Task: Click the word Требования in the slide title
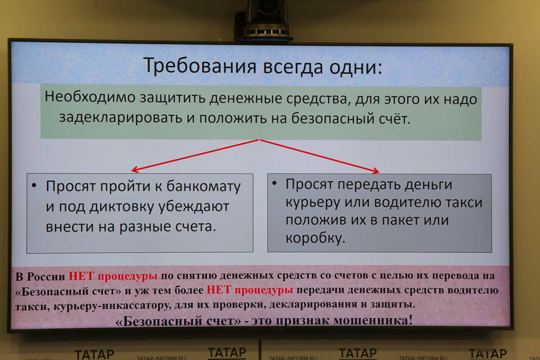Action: (x=200, y=66)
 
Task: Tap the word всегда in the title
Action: (x=293, y=67)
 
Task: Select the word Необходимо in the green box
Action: (x=90, y=97)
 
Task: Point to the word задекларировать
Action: (x=120, y=117)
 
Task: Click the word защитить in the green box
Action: (x=172, y=99)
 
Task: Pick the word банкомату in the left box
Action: (x=203, y=187)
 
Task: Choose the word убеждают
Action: (x=193, y=207)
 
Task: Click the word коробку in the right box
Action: (x=315, y=238)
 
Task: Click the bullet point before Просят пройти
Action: (x=34, y=185)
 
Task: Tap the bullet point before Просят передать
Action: (x=274, y=183)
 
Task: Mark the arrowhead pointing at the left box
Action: (x=135, y=170)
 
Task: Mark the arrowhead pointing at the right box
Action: (x=376, y=171)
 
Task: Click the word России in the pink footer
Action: (x=46, y=277)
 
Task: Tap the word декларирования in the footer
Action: (x=313, y=305)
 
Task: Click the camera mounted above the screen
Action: (x=264, y=21)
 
